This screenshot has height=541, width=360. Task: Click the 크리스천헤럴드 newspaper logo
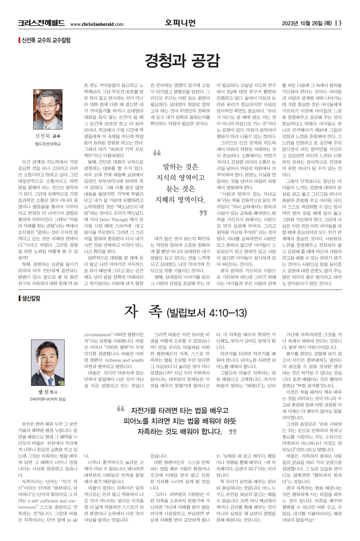point(41,23)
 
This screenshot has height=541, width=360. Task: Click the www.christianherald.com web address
point(97,24)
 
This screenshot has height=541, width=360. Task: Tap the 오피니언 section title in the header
point(180,23)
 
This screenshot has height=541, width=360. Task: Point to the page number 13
point(338,23)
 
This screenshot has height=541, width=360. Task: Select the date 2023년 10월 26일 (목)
point(307,23)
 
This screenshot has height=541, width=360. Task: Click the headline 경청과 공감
point(182,61)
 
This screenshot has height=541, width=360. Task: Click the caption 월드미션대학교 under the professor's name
point(48,144)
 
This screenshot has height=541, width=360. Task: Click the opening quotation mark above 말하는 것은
point(157,152)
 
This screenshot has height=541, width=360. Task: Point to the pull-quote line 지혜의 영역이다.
point(180,199)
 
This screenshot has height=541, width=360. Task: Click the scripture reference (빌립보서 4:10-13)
point(207,312)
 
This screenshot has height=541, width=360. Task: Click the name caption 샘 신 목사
point(48,392)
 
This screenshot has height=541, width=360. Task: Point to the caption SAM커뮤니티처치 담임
point(48,399)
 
